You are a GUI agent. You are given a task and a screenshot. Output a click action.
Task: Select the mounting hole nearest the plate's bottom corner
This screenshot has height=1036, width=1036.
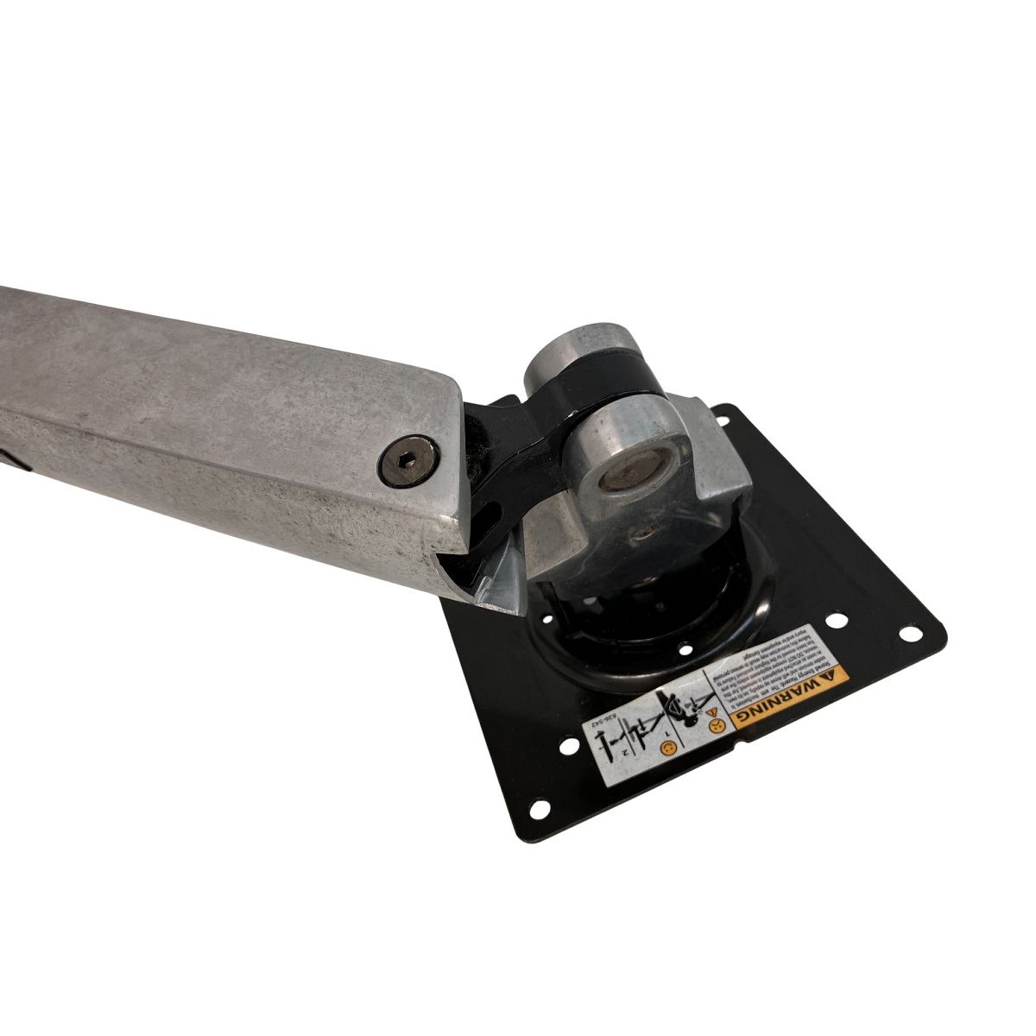click(x=539, y=808)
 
